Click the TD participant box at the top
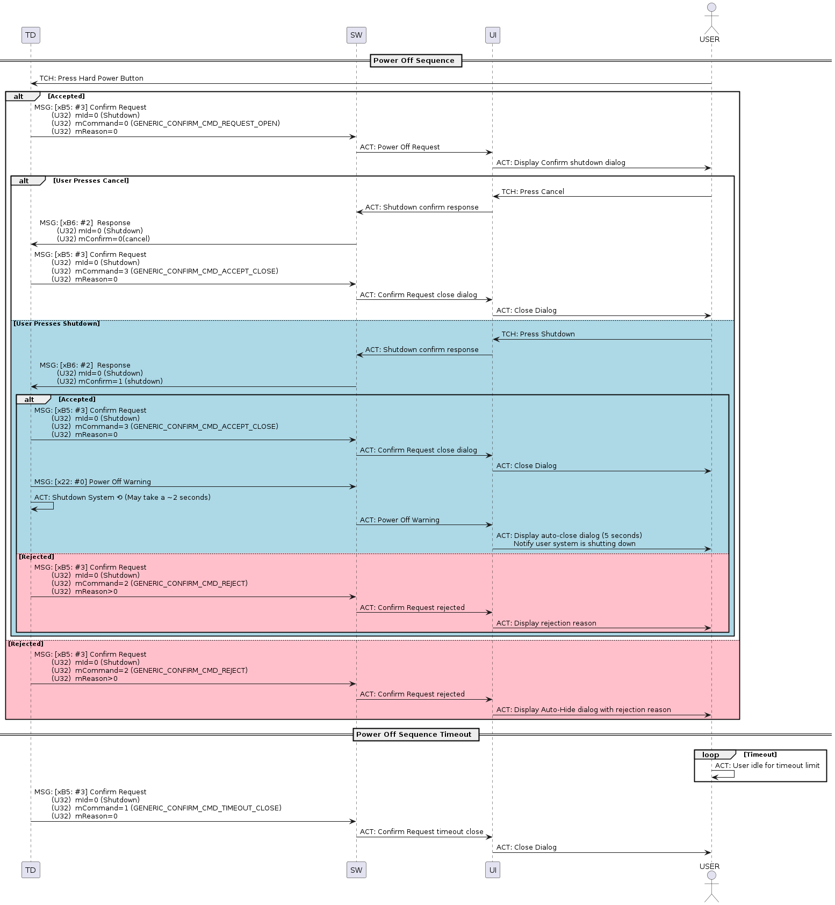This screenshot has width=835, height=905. pos(31,35)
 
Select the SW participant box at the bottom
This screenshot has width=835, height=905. pos(356,870)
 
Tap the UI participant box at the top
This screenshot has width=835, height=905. pos(493,35)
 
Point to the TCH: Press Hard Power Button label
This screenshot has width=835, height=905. pos(91,78)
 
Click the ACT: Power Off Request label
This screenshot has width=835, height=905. pos(400,147)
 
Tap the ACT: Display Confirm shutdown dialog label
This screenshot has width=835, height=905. pos(561,163)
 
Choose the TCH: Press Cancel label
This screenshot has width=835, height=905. pos(533,192)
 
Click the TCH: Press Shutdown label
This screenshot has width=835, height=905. pos(538,334)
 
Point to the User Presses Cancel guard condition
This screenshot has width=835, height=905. pos(91,181)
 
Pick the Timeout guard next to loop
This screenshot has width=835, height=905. pos(760,755)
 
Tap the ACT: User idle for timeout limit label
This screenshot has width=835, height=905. pos(767,766)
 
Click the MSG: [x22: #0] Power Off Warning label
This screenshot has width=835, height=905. pos(92,482)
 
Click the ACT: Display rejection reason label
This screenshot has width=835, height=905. pos(546,623)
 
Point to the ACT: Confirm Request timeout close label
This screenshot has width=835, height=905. pos(422,832)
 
